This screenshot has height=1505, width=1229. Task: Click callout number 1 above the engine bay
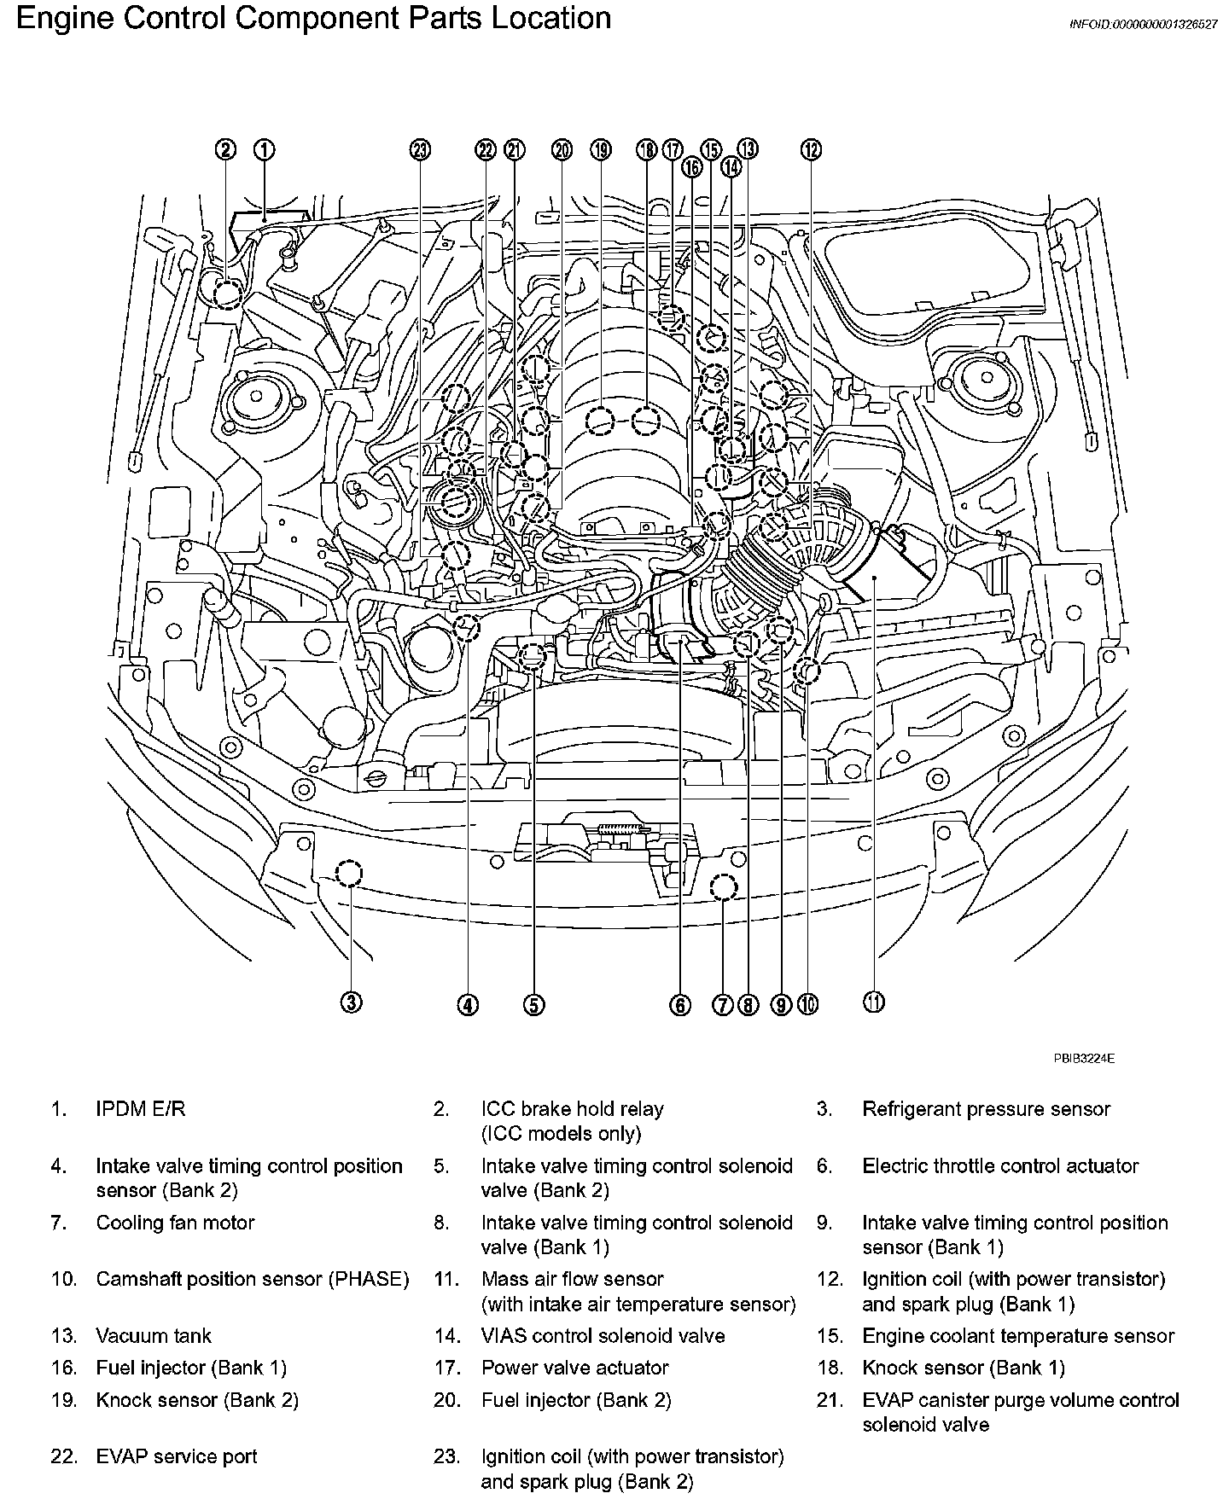(x=265, y=150)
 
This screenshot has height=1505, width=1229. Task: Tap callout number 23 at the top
(x=420, y=150)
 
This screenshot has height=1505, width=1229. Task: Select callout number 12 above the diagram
(x=810, y=150)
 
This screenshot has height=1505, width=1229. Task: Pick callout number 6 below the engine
(x=679, y=1005)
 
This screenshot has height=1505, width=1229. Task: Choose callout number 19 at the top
(x=601, y=150)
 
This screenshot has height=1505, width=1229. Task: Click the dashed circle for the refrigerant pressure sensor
(x=348, y=874)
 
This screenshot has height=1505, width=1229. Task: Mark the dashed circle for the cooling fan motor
(x=723, y=887)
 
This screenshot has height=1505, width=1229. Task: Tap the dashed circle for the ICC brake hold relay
(x=227, y=295)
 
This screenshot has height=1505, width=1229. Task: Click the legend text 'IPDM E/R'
(x=140, y=1109)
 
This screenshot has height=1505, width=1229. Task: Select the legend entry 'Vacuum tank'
(x=154, y=1336)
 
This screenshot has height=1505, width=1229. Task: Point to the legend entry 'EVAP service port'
(x=177, y=1456)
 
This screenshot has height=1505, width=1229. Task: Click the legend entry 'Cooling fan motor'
(x=175, y=1223)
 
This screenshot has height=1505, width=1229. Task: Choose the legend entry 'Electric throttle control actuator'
(x=1000, y=1166)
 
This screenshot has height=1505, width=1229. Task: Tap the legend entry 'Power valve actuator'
(x=574, y=1368)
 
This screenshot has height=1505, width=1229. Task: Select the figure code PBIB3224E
(x=1083, y=1059)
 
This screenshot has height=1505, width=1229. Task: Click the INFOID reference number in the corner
(x=1143, y=25)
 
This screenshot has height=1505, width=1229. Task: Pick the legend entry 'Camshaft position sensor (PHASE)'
(x=252, y=1280)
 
